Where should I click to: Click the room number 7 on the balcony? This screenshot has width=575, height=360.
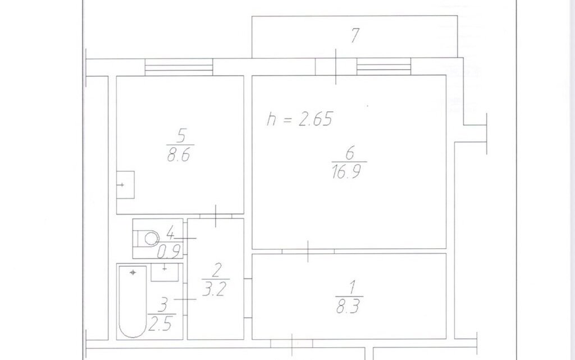[x=355, y=35]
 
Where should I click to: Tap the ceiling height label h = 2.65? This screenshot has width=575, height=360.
[x=300, y=119]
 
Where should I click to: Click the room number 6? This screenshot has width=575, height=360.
[x=350, y=153]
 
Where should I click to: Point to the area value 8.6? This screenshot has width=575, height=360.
[x=179, y=154]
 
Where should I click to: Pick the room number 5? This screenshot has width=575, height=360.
[x=181, y=136]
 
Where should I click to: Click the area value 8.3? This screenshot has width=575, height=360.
[x=348, y=306]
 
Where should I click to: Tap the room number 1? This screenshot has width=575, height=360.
[x=352, y=288]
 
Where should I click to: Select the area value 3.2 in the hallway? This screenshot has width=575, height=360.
[x=215, y=289]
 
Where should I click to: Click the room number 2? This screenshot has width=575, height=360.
[x=216, y=271]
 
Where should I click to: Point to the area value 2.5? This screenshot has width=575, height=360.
[x=160, y=324]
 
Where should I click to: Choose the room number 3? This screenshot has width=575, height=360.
[x=164, y=305]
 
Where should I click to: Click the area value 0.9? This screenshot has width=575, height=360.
[x=169, y=251]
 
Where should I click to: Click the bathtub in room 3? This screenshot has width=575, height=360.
[x=133, y=302]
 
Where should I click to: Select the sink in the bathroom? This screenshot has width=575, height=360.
[x=165, y=272]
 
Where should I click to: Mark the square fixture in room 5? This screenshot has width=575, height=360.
[x=125, y=185]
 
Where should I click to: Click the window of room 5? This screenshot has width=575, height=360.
[x=179, y=67]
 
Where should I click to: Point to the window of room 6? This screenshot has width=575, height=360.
[x=384, y=67]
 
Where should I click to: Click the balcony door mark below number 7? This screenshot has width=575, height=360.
[x=336, y=67]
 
